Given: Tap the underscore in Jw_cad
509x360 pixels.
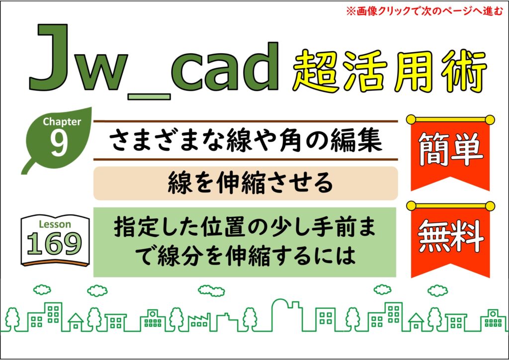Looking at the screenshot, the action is [149, 96].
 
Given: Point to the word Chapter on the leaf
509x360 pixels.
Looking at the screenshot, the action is [62, 122].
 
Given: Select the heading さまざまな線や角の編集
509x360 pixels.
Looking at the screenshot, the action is [246, 140].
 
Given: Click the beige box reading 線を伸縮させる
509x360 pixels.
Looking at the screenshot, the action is [246, 183].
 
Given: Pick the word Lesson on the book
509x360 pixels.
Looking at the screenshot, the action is [55, 224].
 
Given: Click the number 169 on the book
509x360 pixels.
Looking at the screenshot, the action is [55, 244].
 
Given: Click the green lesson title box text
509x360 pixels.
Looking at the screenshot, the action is [245, 241].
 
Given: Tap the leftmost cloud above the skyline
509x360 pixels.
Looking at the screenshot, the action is [42, 289].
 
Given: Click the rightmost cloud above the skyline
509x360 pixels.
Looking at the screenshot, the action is [437, 290].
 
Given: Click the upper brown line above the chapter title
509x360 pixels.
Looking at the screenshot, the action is [246, 121].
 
